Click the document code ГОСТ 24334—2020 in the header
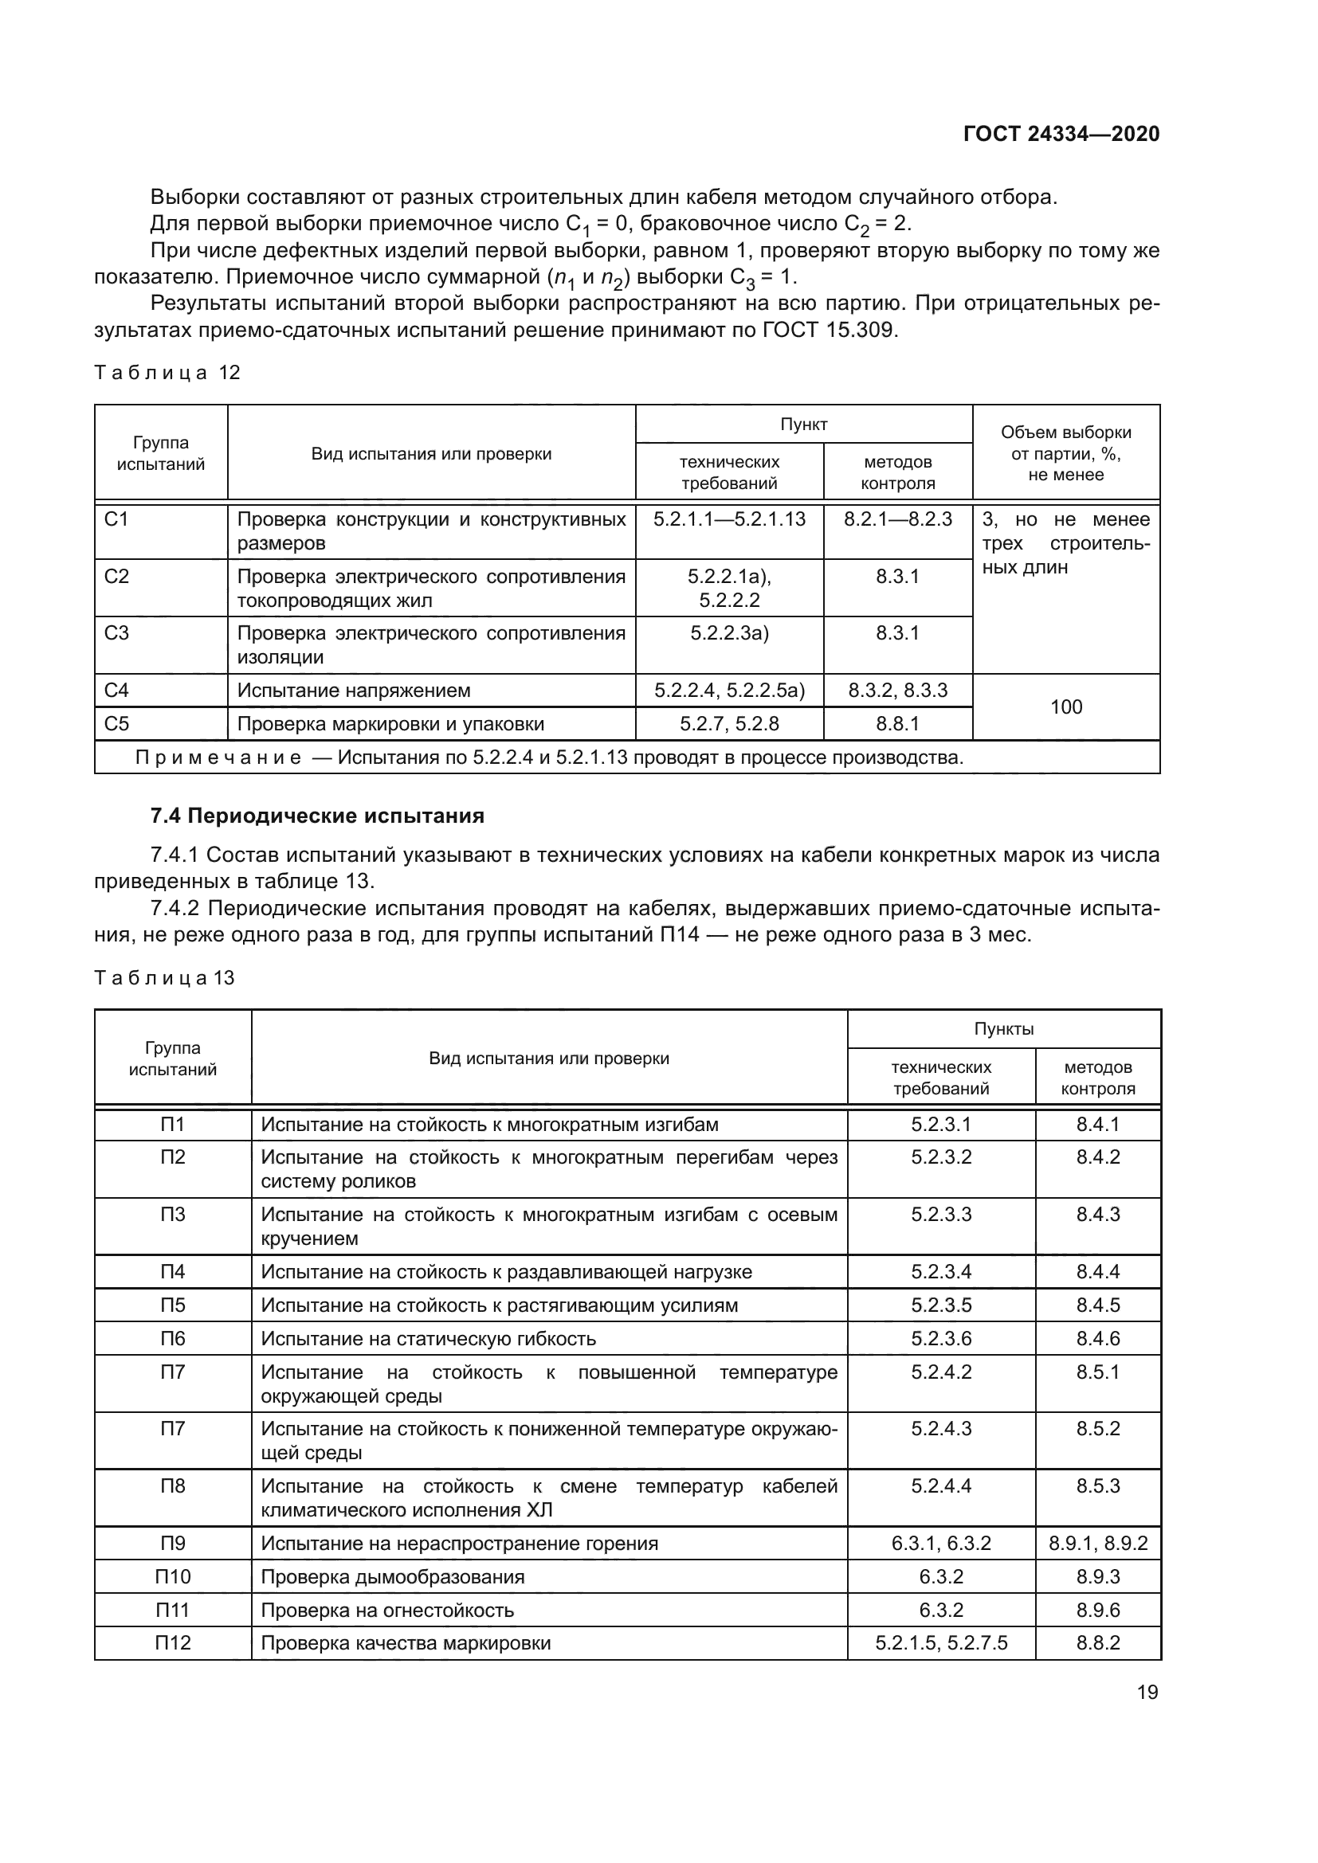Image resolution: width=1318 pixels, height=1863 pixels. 1061,134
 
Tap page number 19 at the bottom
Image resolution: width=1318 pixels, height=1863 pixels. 1147,1692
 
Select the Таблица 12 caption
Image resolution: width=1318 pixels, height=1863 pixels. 167,373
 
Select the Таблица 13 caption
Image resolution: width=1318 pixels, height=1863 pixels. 164,978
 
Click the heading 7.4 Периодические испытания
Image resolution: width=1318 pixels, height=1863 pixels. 317,816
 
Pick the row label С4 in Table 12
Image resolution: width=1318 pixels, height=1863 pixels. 117,691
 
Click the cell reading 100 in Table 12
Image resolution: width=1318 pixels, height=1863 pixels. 1065,706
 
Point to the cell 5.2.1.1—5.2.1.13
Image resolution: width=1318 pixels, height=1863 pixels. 729,519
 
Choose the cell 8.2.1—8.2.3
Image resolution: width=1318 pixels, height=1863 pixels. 897,519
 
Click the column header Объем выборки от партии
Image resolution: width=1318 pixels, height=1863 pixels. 1065,453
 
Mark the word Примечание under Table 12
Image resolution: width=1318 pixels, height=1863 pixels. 218,757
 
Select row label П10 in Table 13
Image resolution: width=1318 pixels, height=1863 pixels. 173,1576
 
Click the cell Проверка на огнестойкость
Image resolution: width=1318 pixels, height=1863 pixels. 387,1610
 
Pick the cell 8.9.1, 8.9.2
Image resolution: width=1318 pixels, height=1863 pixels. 1098,1544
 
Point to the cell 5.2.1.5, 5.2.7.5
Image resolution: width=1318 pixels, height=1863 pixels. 940,1643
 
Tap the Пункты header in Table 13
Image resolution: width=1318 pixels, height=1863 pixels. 1004,1029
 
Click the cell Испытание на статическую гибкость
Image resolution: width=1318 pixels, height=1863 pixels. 428,1339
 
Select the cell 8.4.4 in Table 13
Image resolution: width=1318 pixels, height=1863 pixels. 1098,1271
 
